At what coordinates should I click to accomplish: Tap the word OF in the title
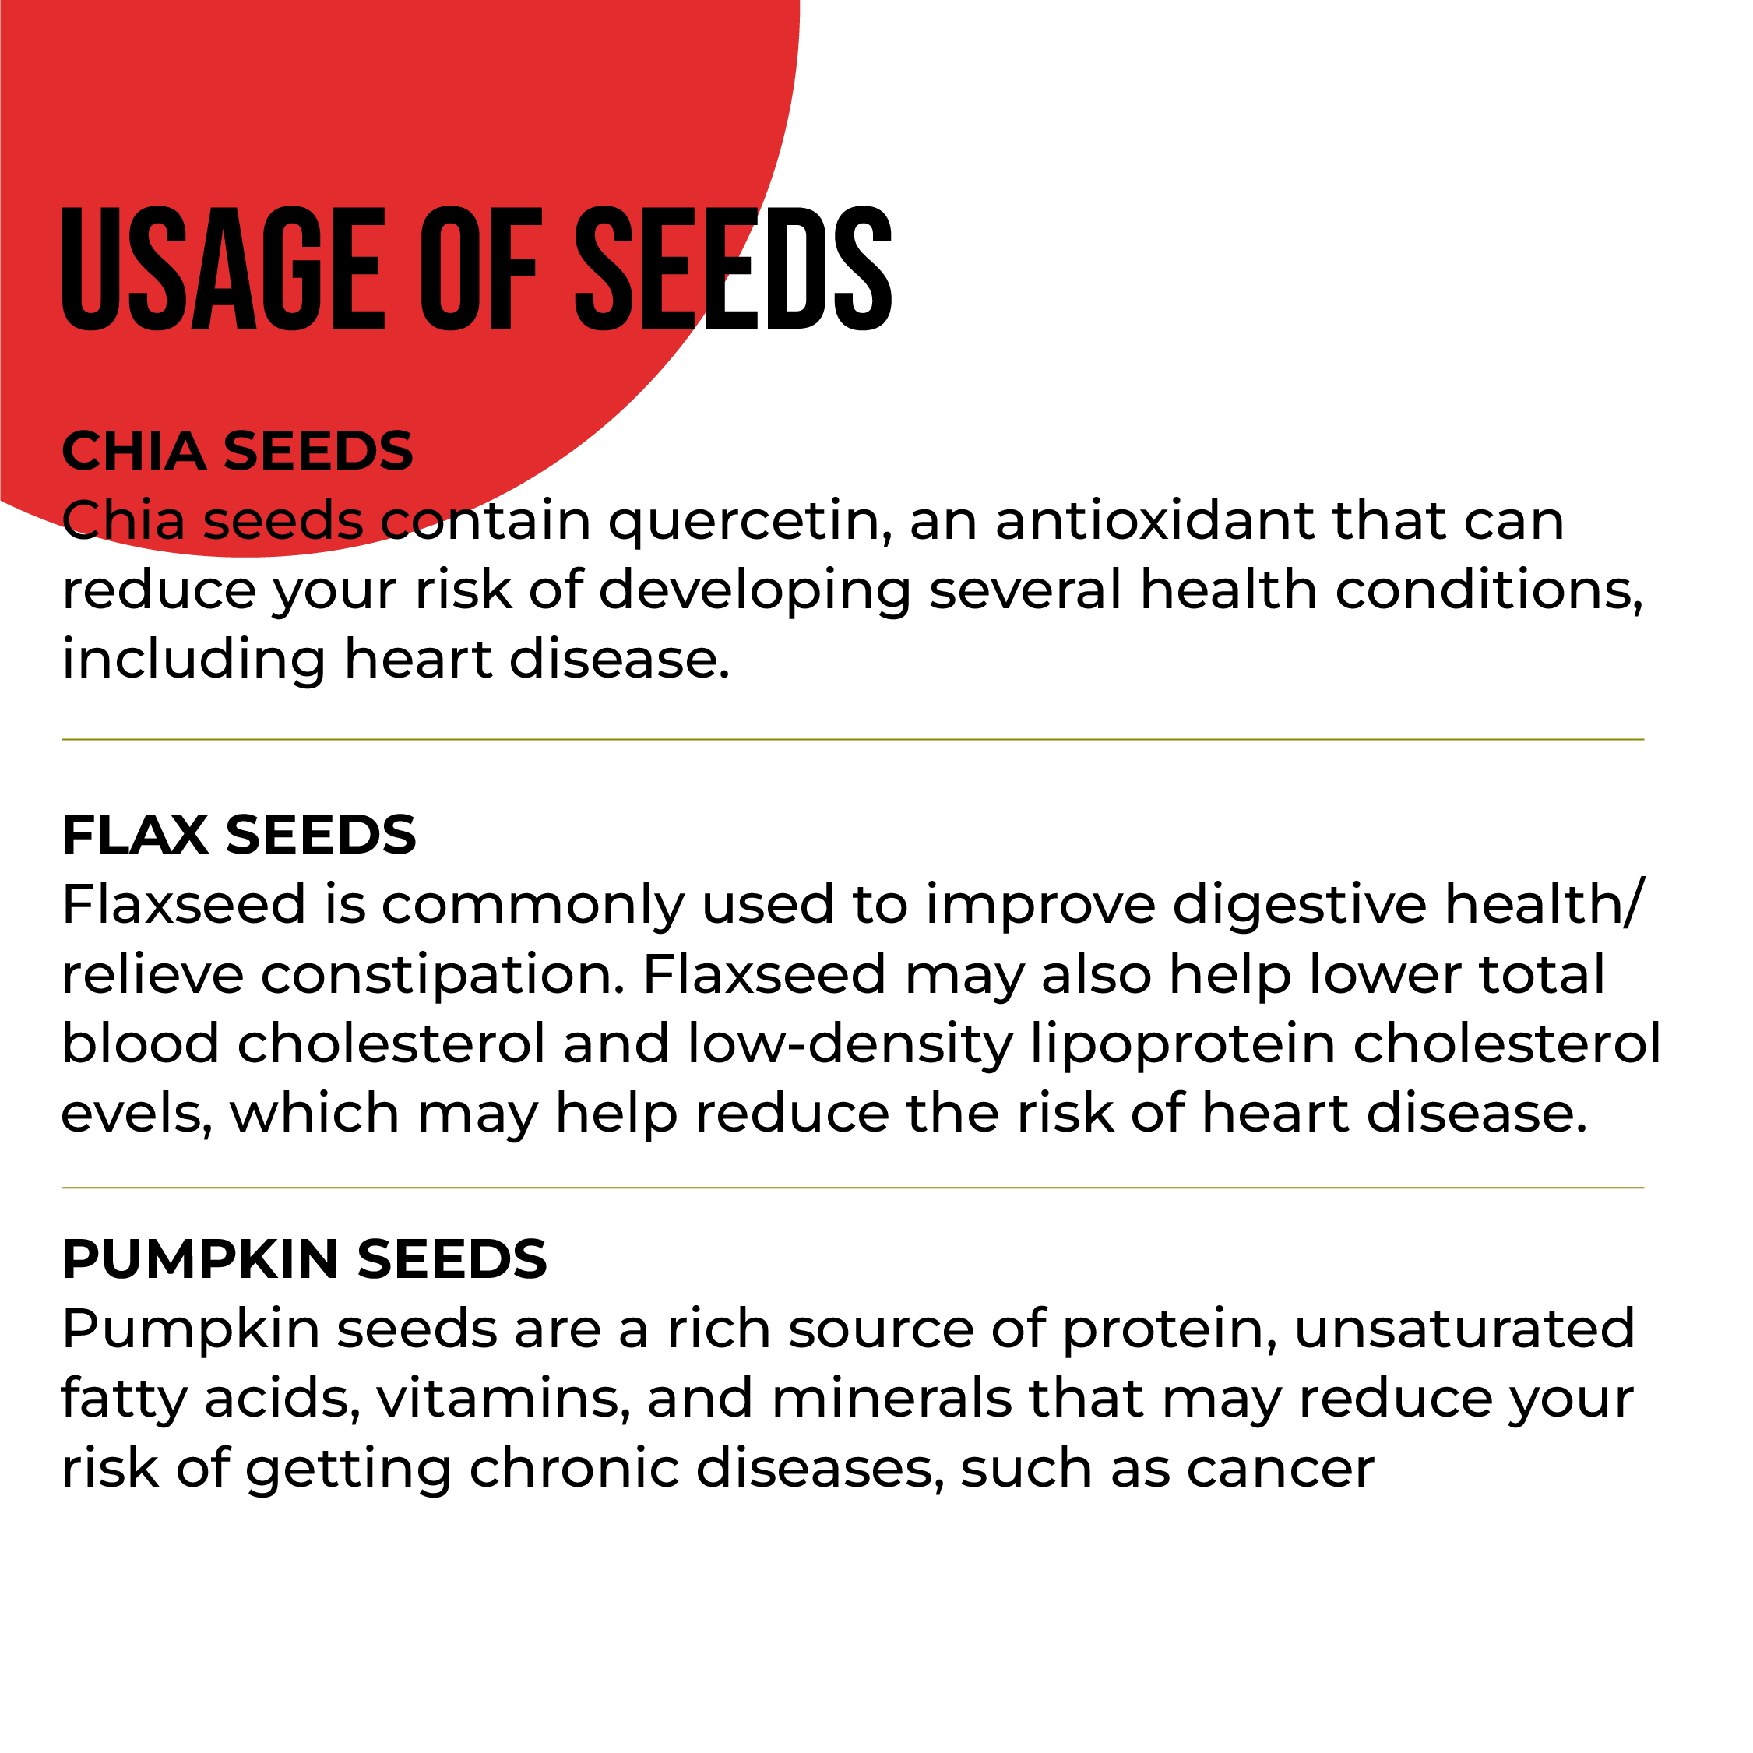(482, 269)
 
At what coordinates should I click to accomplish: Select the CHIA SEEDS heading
(238, 451)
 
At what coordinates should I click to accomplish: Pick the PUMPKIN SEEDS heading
(304, 1259)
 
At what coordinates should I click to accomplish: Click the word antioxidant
(1156, 520)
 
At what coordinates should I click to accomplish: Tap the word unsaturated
(1464, 1329)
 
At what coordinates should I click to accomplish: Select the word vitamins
(505, 1400)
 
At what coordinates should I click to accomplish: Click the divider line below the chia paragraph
(853, 740)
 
